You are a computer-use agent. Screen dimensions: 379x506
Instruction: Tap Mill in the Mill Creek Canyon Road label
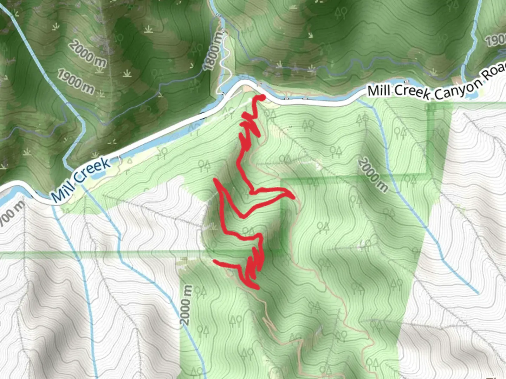click(x=378, y=91)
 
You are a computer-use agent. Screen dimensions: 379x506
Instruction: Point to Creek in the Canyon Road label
click(x=411, y=92)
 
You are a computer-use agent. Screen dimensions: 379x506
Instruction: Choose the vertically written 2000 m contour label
click(x=186, y=305)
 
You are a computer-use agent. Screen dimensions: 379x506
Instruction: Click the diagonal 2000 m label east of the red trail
click(x=374, y=175)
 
